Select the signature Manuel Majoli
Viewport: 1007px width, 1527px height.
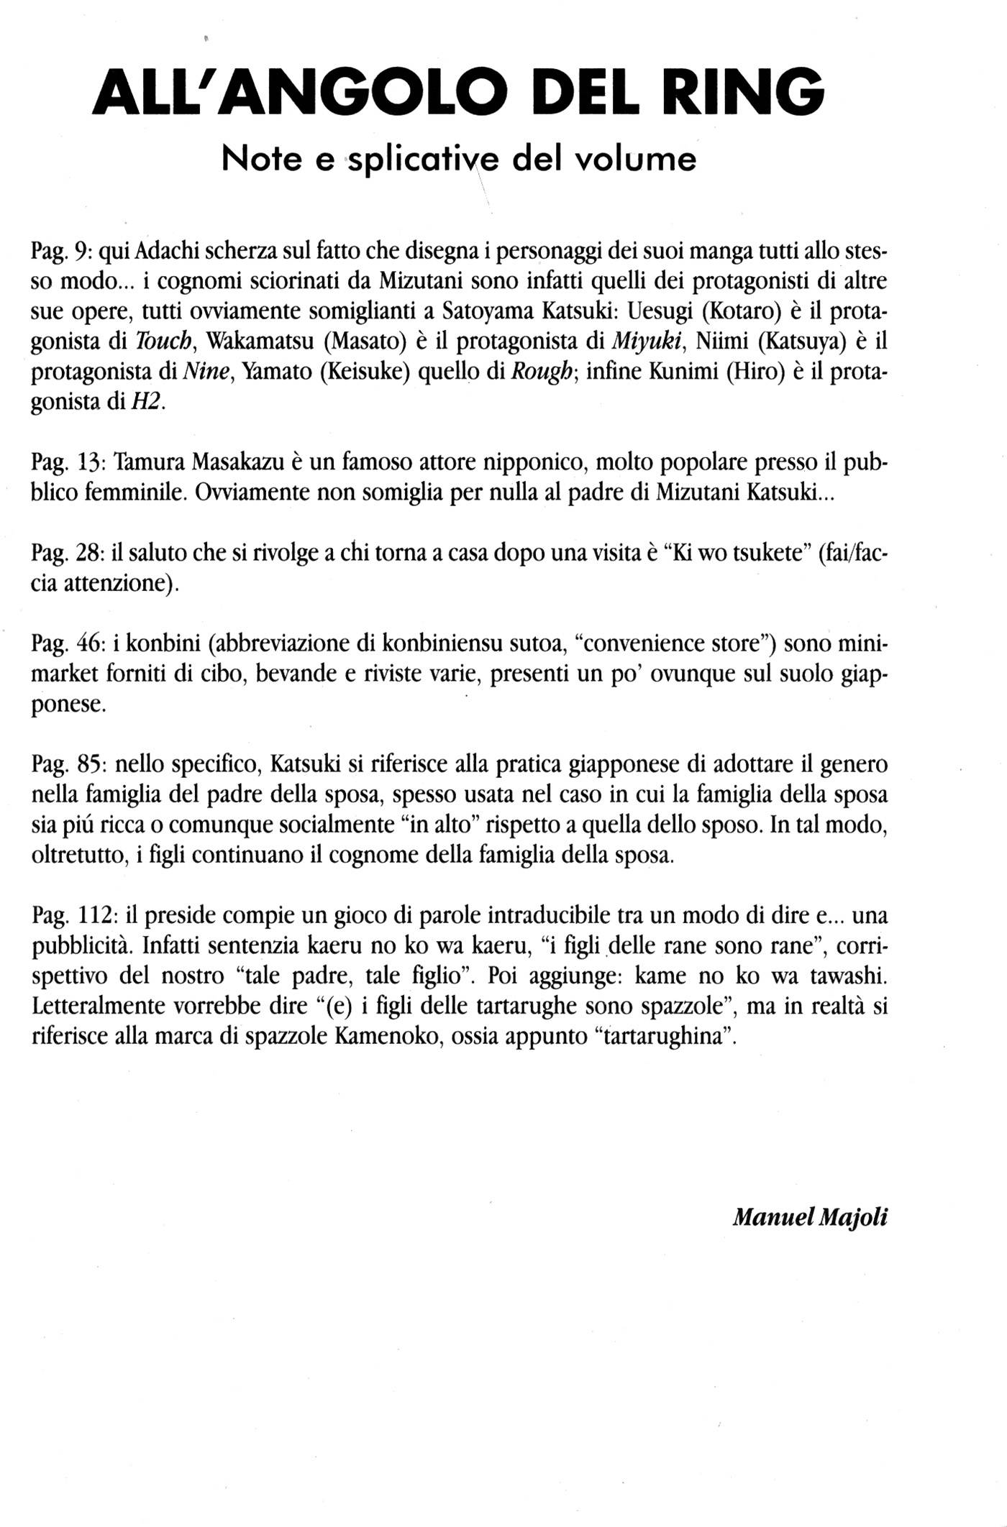[x=810, y=1217]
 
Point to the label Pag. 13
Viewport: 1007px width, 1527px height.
[x=69, y=462]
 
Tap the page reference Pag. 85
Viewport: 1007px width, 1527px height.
[x=69, y=763]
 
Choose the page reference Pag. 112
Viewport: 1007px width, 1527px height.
[x=74, y=915]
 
